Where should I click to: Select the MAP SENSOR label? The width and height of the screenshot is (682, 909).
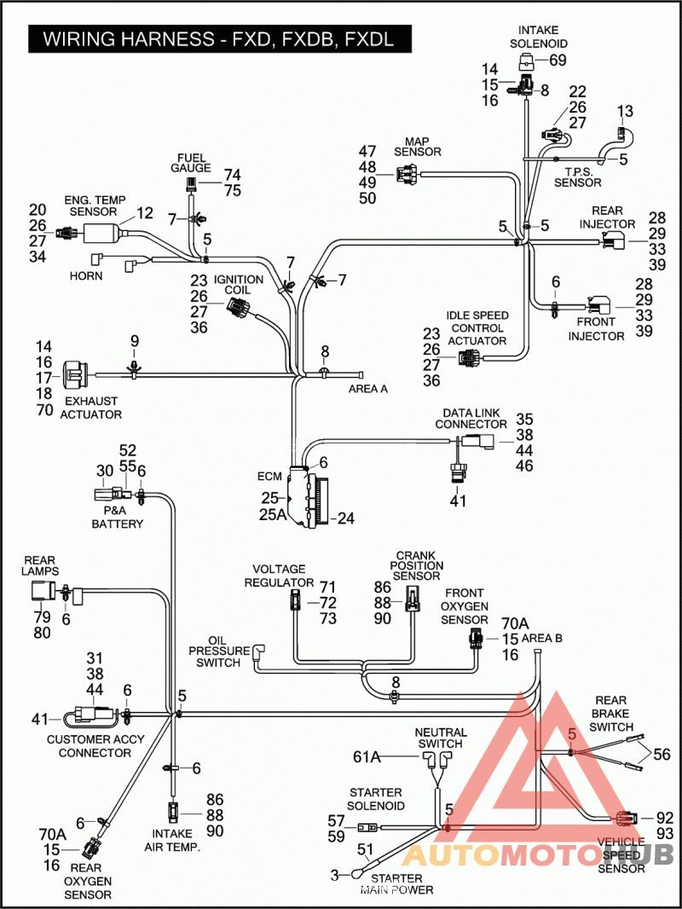pos(417,147)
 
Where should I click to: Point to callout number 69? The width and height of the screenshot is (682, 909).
pos(558,60)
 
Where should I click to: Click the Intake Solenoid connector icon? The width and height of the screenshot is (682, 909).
pos(527,61)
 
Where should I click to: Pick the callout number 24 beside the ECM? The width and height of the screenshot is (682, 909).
pos(346,518)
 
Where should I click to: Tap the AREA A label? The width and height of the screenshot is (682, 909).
pos(368,389)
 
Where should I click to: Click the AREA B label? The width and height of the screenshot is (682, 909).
pos(542,639)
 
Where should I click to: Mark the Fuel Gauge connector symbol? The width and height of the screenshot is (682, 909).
pos(189,186)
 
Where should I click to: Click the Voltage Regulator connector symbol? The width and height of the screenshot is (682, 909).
pos(295,600)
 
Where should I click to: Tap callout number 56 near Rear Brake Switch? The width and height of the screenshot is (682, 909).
pos(662,754)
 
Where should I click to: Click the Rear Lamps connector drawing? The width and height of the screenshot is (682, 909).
pos(42,593)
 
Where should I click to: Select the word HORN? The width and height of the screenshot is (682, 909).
pos(86,276)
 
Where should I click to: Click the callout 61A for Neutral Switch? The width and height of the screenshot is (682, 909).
pos(367,757)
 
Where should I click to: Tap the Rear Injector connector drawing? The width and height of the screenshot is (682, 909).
pos(614,240)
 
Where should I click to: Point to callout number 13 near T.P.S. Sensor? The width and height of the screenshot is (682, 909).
pos(625,111)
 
